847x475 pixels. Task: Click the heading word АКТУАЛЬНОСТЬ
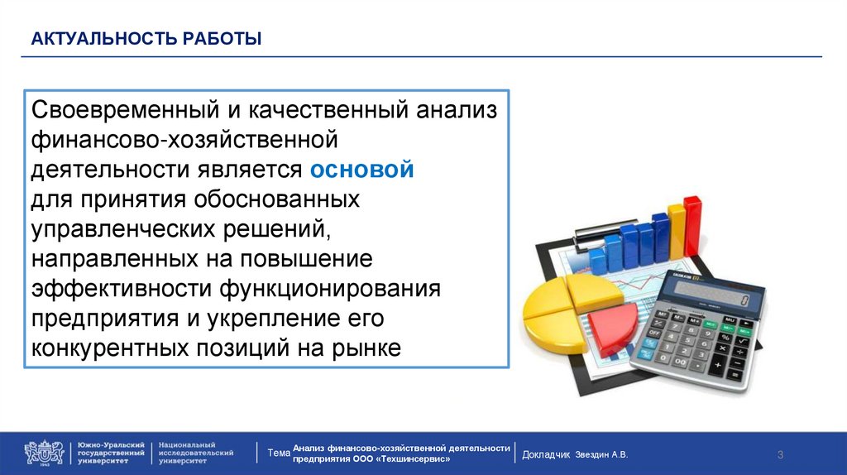(x=104, y=39)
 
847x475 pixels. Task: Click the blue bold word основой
(x=362, y=170)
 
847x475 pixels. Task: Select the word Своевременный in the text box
(x=126, y=110)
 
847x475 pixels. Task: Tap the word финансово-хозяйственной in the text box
(x=184, y=141)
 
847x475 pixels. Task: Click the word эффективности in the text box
(x=122, y=289)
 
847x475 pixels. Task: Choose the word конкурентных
(x=110, y=348)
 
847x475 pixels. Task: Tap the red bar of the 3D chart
(x=692, y=226)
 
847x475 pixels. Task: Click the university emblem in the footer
(x=44, y=453)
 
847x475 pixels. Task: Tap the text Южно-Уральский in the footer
(x=112, y=444)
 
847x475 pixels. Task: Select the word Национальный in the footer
(x=187, y=444)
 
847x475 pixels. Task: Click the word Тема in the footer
(x=279, y=453)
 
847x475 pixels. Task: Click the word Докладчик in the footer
(x=546, y=455)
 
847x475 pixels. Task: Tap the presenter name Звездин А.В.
(x=601, y=455)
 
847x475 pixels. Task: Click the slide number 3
(x=780, y=455)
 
